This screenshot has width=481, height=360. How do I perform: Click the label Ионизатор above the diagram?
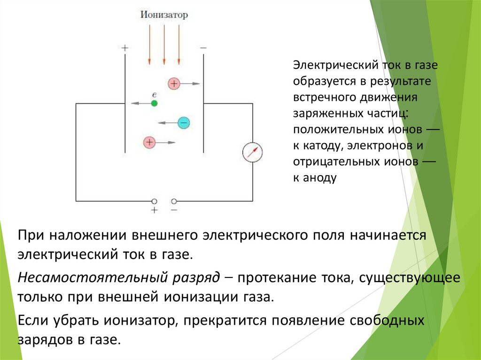pos(163,15)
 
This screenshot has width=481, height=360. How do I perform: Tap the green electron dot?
pos(154,103)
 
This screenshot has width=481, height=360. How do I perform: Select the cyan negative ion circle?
pos(183,123)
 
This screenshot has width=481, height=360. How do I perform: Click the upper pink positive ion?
pos(174,84)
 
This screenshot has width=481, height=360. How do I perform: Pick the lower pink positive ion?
pos(149,142)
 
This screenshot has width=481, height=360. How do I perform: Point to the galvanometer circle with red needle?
pos(252,152)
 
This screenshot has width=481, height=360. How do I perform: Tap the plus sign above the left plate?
pos(124,48)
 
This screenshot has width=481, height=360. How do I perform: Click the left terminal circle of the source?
pos(154,201)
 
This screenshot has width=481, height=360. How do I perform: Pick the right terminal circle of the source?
pos(174,201)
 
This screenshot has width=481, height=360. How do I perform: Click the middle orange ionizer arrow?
pos(164,45)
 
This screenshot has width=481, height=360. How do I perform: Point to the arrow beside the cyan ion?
pos(166,123)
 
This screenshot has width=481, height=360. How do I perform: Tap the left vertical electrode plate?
pos(125,103)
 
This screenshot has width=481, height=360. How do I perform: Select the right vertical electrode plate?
pos(203,103)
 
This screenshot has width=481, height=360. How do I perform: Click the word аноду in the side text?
pos(321,178)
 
